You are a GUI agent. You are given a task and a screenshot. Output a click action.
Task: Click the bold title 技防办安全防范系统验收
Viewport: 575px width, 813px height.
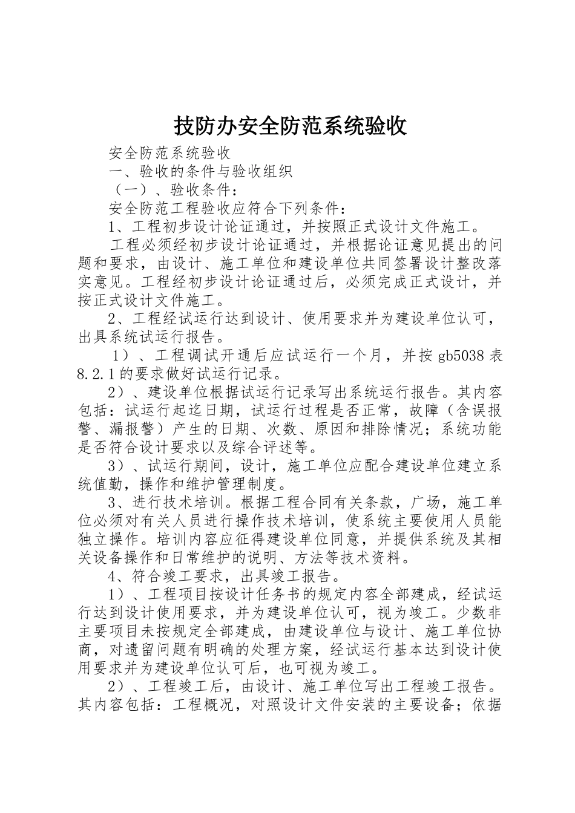(x=290, y=126)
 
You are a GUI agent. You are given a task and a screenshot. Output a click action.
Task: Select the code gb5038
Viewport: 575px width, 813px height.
(x=461, y=356)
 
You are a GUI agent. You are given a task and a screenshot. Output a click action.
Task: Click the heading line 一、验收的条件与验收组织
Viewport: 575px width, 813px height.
(x=200, y=172)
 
